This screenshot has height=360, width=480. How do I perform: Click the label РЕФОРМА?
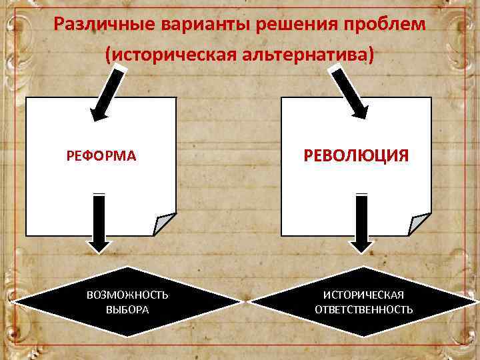(101, 156)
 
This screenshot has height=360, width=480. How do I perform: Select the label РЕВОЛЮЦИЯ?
(356, 156)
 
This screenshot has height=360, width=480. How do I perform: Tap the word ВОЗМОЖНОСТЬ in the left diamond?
(127, 295)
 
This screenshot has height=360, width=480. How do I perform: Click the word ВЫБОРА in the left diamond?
(127, 310)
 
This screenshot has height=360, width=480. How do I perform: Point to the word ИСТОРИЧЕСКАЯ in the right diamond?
(363, 295)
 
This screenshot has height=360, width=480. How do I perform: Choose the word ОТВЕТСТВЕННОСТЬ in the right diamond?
(363, 310)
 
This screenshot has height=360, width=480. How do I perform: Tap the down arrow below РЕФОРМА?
(99, 223)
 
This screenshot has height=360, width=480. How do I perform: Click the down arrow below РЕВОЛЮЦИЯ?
(362, 223)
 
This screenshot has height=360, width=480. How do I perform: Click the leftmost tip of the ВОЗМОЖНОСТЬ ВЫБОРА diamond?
(15, 303)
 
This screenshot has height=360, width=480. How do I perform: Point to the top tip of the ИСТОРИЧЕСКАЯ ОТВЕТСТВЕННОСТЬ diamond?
(364, 267)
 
